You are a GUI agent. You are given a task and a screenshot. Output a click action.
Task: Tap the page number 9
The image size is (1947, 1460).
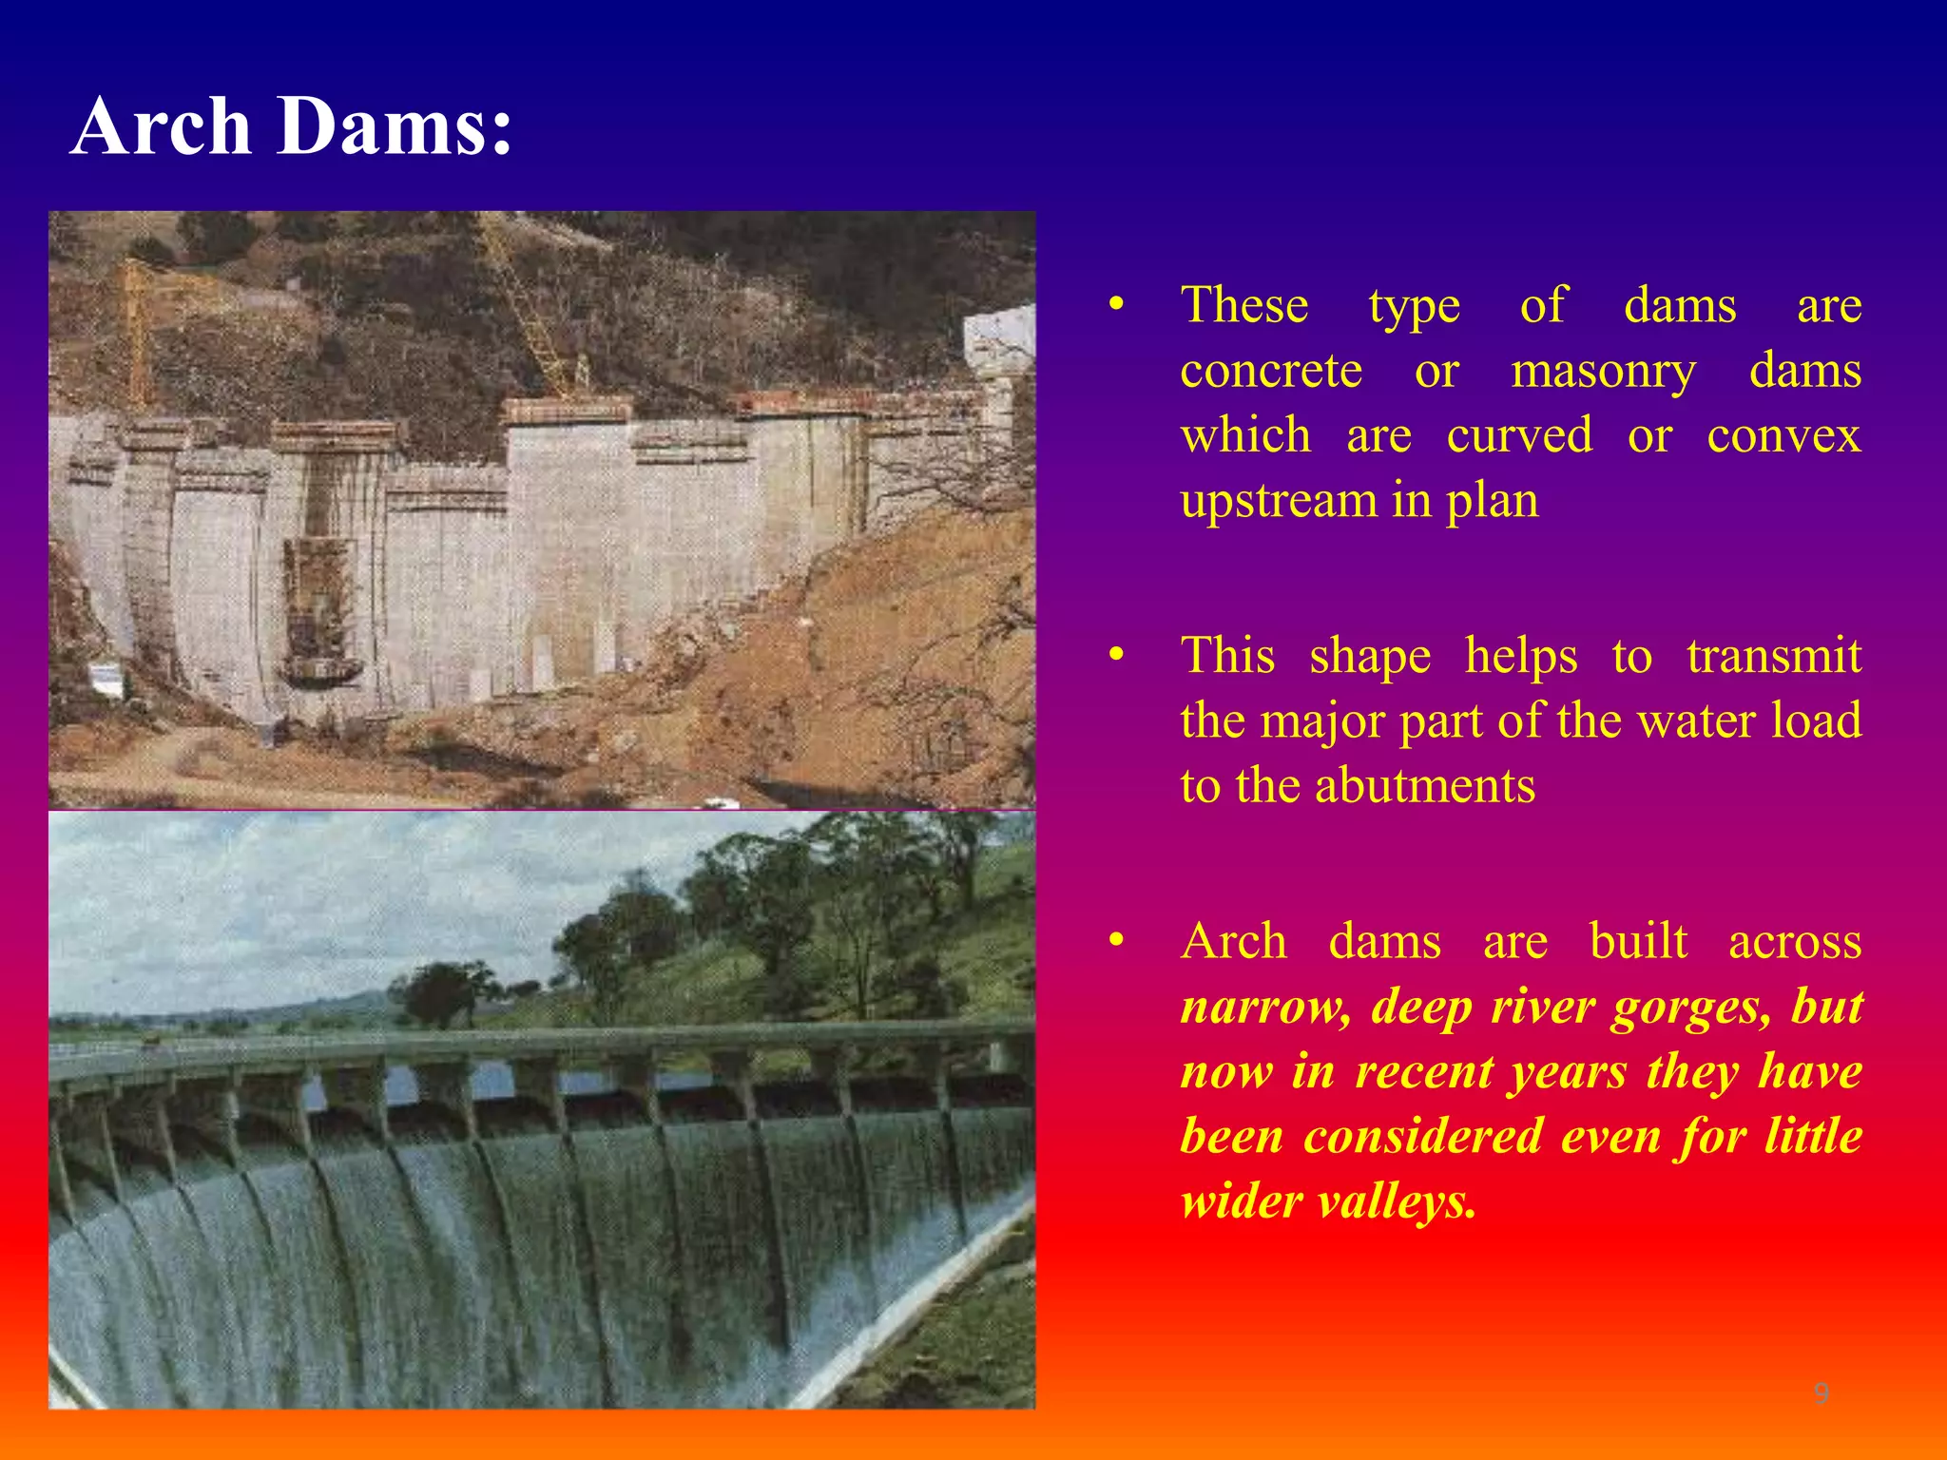click(1821, 1393)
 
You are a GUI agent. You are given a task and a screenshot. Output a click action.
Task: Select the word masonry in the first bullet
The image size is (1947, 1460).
click(1603, 371)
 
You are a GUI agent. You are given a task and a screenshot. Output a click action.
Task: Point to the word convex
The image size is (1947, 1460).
click(1783, 435)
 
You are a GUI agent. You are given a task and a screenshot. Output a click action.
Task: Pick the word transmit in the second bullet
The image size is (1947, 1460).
click(1773, 656)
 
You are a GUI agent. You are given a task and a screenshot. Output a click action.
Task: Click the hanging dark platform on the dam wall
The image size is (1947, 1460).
click(323, 671)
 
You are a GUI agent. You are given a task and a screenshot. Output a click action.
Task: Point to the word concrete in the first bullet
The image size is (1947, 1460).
click(1271, 371)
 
